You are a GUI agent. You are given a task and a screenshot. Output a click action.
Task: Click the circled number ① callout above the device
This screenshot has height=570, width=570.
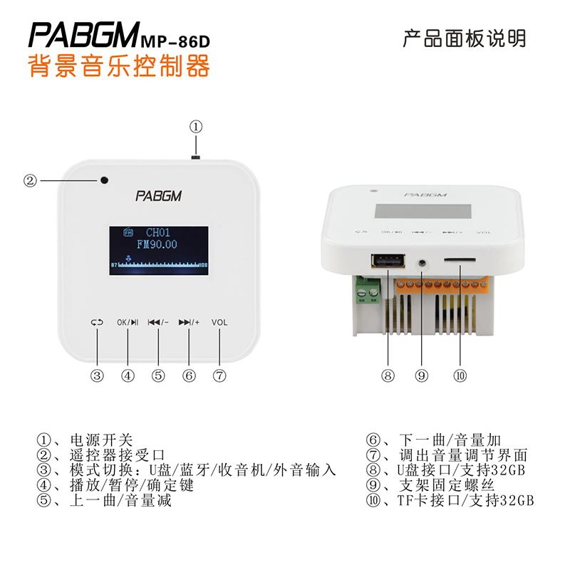pos(196,127)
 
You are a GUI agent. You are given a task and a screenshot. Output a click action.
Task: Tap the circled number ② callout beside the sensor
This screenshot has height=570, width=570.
pos(29,180)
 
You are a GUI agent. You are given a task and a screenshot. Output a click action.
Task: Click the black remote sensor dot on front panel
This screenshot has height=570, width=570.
pos(105,180)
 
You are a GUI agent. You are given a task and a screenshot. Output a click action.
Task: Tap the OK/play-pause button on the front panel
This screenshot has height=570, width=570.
pos(128,322)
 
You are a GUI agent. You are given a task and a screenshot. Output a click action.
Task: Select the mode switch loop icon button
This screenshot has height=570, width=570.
pos(97,322)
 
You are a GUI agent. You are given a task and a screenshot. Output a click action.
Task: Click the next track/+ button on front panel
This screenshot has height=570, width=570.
pos(189,322)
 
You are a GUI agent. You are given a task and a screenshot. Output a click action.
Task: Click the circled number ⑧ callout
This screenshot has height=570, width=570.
pos(388,376)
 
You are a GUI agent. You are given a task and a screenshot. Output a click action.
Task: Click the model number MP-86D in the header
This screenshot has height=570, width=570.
pos(178,42)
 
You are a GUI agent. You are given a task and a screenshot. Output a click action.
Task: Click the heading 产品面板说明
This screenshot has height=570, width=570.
pos(464,38)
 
